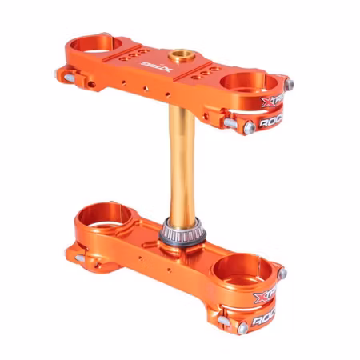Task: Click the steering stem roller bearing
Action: tap(178, 231)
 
